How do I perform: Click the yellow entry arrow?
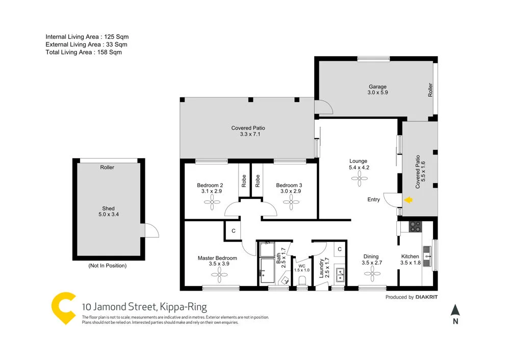click(x=408, y=200)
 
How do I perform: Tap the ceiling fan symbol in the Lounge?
click(x=359, y=178)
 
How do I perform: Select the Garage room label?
click(x=378, y=90)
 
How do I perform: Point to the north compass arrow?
click(x=455, y=310)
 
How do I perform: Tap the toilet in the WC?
click(x=302, y=280)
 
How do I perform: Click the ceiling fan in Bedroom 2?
click(x=211, y=202)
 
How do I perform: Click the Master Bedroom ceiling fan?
click(x=220, y=275)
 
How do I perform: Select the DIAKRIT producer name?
click(x=426, y=297)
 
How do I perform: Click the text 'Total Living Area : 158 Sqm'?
click(x=84, y=52)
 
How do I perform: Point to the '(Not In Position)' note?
click(x=108, y=266)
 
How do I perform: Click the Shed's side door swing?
click(x=151, y=230)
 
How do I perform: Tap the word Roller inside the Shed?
click(x=107, y=167)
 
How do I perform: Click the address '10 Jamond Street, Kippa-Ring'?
click(x=144, y=307)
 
